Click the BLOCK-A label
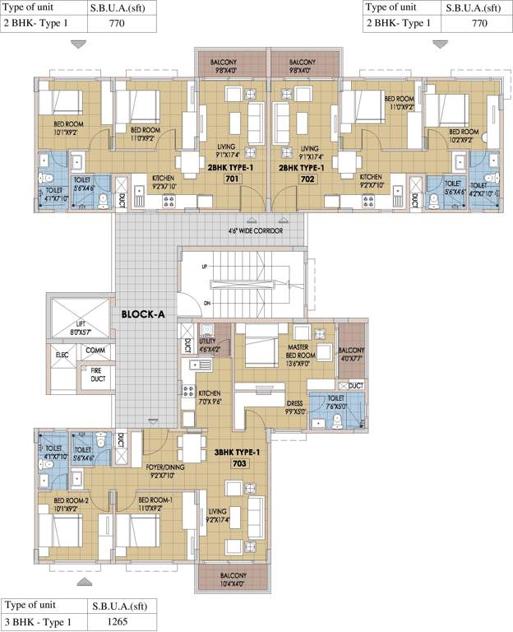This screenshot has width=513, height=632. click(146, 314)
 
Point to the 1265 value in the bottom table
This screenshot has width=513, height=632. click(118, 622)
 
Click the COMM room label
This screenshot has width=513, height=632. click(95, 351)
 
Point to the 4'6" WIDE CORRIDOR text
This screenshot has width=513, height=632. click(255, 231)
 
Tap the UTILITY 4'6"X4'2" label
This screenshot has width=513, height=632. click(208, 346)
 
